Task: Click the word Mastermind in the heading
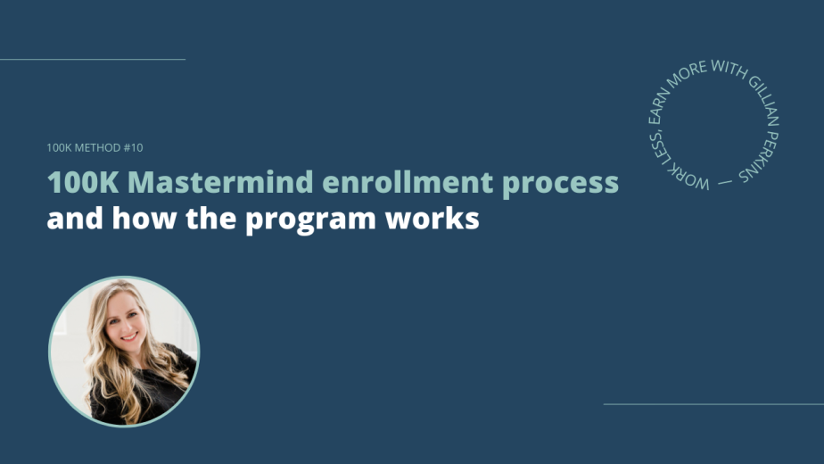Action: (220, 182)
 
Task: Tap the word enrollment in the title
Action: (408, 182)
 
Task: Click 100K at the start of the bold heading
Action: (83, 182)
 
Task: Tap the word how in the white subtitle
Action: (144, 219)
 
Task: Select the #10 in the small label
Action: (133, 148)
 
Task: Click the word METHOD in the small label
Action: (98, 148)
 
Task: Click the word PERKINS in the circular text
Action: (761, 156)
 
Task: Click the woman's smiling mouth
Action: (129, 336)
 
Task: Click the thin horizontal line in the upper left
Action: (93, 60)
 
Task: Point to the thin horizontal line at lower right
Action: (713, 404)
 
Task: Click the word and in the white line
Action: (75, 219)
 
